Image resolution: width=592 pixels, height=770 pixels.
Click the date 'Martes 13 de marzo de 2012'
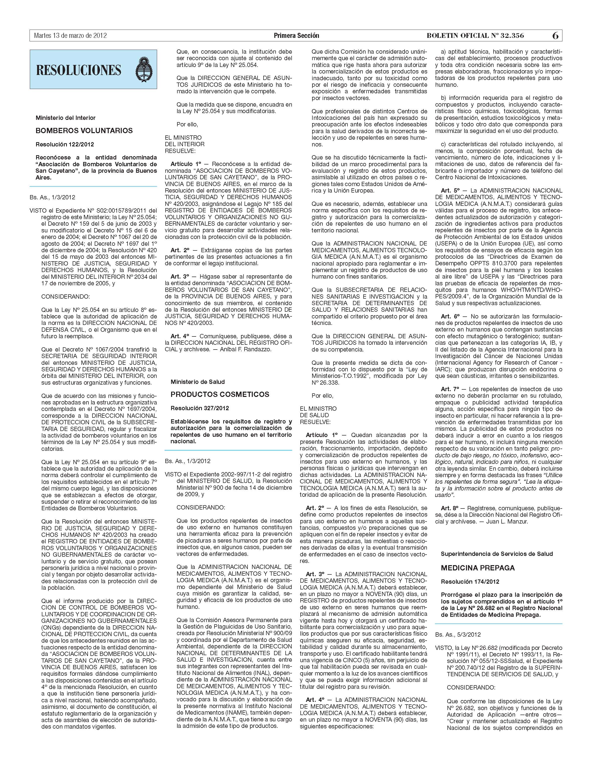[70, 36]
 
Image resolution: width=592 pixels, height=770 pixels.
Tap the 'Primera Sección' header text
[296, 36]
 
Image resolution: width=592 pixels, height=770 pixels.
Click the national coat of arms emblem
[144, 69]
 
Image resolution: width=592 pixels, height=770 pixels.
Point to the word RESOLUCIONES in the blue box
[79, 70]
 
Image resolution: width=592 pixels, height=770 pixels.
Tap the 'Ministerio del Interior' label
[66, 118]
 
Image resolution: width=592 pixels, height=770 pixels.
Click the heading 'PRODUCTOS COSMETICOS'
[220, 394]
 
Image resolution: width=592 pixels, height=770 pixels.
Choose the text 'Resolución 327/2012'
[200, 408]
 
